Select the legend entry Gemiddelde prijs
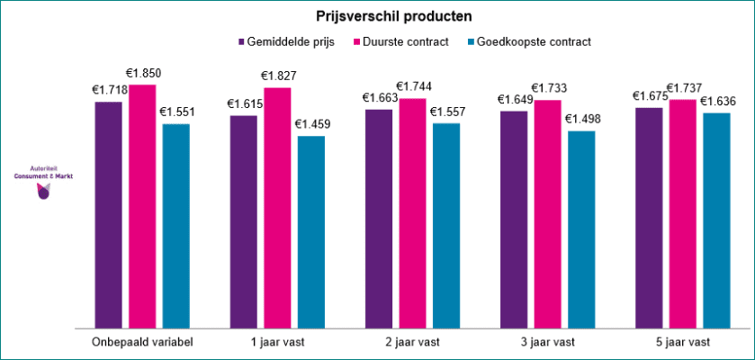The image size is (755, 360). [x=285, y=41]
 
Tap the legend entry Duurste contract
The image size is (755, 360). [x=407, y=41]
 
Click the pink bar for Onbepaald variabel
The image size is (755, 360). [x=142, y=206]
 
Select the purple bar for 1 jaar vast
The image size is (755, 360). [x=244, y=221]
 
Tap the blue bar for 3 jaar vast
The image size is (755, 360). [x=581, y=229]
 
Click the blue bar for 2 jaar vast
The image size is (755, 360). [x=446, y=225]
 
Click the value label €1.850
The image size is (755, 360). [x=143, y=73]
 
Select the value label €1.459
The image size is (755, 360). [x=312, y=124]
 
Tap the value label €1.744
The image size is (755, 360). [x=414, y=86]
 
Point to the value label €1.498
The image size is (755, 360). [x=582, y=119]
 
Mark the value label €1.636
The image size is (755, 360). [x=718, y=101]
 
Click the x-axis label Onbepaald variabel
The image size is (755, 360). [x=141, y=342]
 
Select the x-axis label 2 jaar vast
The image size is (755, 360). [x=412, y=342]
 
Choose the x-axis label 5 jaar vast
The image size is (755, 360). [x=683, y=342]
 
